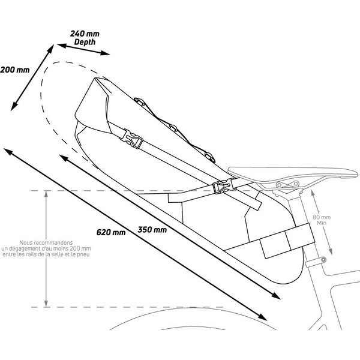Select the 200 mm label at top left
pyautogui.click(x=15, y=70)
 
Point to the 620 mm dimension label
pyautogui.click(x=112, y=232)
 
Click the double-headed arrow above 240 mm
pyautogui.click(x=83, y=49)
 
